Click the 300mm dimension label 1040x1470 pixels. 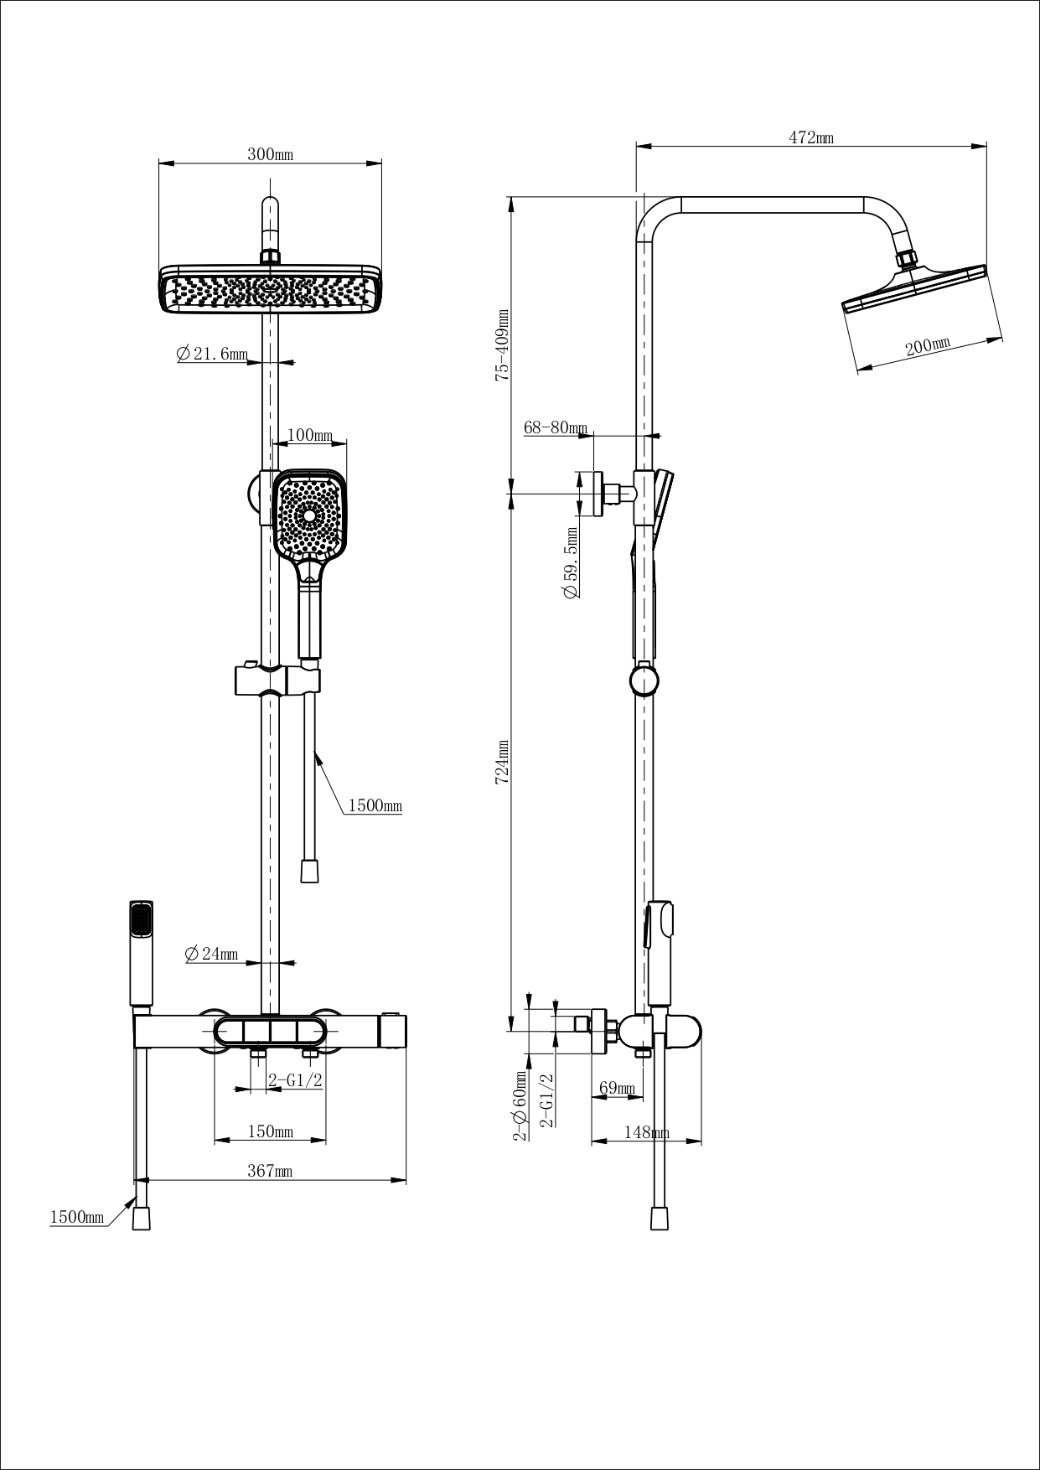pyautogui.click(x=270, y=155)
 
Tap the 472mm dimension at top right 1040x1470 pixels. pyautogui.click(x=810, y=138)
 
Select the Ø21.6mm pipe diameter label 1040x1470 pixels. pyautogui.click(x=212, y=355)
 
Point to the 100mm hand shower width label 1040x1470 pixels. pyautogui.click(x=310, y=436)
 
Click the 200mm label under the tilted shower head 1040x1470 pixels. pyautogui.click(x=928, y=346)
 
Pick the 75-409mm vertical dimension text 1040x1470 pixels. pyautogui.click(x=502, y=345)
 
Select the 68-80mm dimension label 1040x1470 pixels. pyautogui.click(x=556, y=428)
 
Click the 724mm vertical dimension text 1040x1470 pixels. pyautogui.click(x=502, y=761)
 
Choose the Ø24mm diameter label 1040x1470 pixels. pyautogui.click(x=210, y=954)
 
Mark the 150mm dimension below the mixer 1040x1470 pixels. pyautogui.click(x=270, y=1132)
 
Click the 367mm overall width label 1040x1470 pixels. pyautogui.click(x=270, y=1172)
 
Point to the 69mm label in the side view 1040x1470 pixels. pyautogui.click(x=616, y=1089)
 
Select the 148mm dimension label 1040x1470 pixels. pyautogui.click(x=646, y=1133)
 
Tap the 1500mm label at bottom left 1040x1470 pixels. pyautogui.click(x=77, y=1217)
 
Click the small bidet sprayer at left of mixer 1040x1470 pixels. pyautogui.click(x=141, y=953)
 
